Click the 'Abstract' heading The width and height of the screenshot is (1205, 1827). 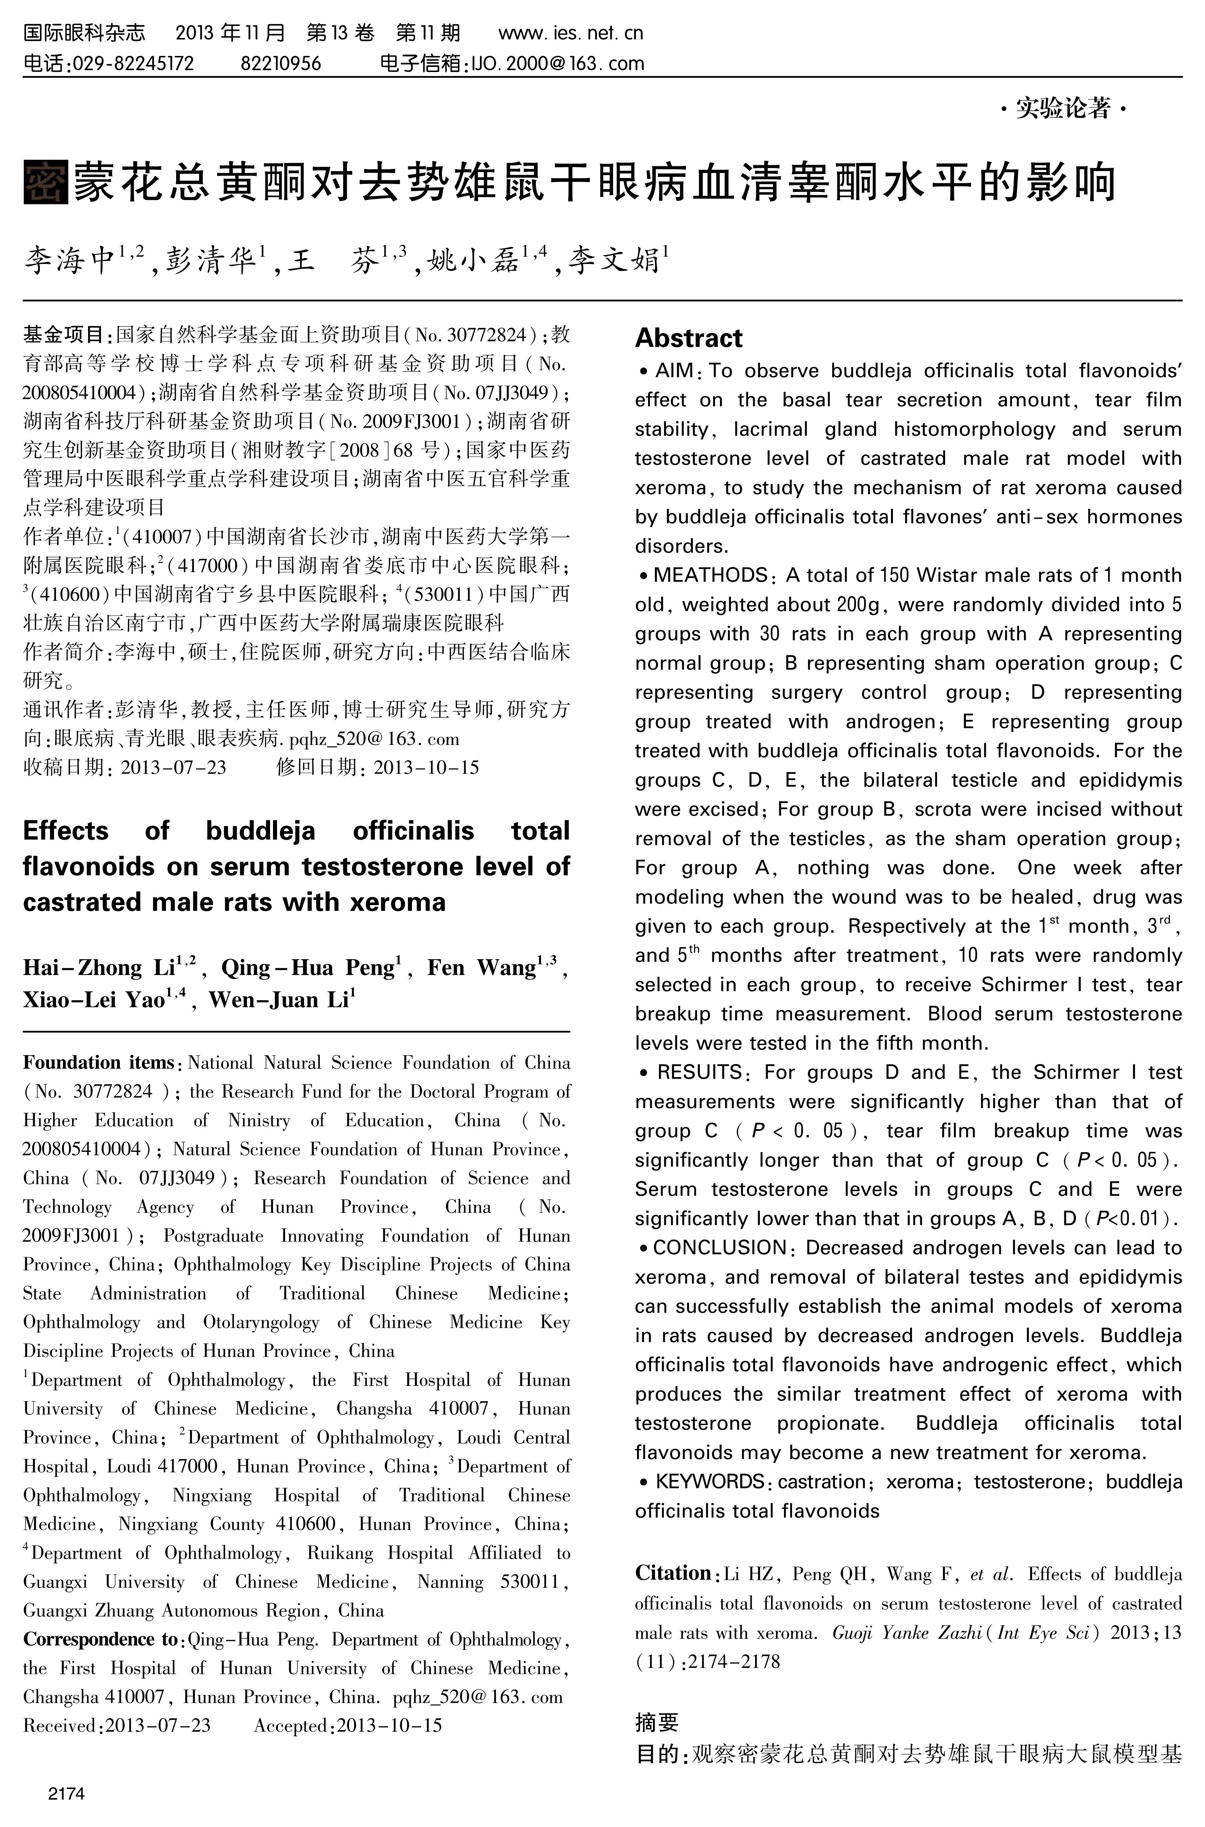(689, 338)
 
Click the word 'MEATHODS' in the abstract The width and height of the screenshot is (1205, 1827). (710, 576)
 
